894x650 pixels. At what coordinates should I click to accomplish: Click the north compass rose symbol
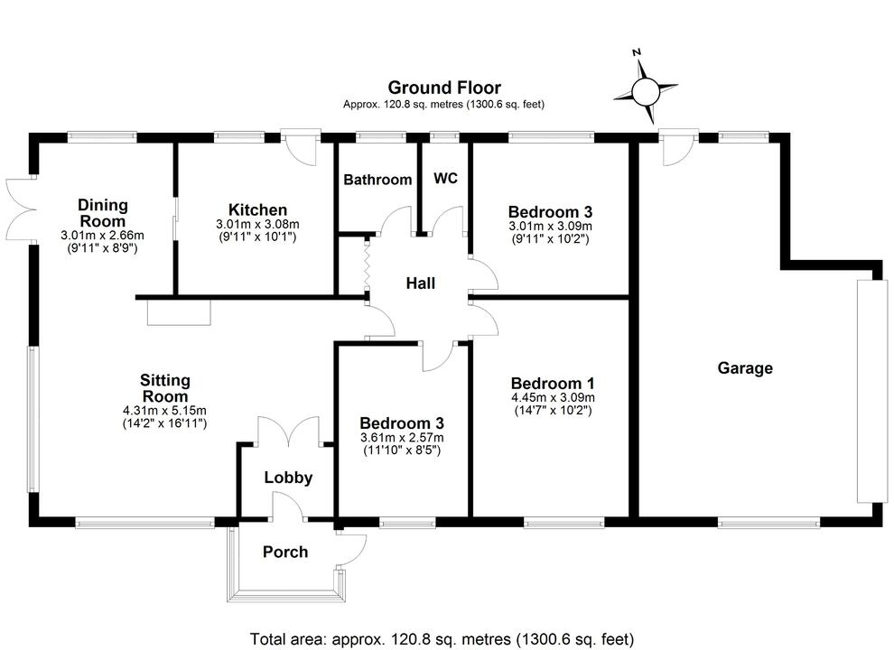pyautogui.click(x=646, y=90)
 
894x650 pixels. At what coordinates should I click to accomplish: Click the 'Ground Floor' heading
pyautogui.click(x=444, y=88)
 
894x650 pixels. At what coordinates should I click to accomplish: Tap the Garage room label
pyautogui.click(x=745, y=368)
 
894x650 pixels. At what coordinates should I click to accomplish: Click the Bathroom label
pyautogui.click(x=377, y=180)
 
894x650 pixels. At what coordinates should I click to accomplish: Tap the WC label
pyautogui.click(x=446, y=178)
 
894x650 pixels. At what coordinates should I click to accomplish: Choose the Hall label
pyautogui.click(x=420, y=283)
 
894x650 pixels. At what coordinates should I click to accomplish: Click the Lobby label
pyautogui.click(x=288, y=478)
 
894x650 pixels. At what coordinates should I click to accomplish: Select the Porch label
pyautogui.click(x=285, y=552)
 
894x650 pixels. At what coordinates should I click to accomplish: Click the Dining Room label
pyautogui.click(x=103, y=213)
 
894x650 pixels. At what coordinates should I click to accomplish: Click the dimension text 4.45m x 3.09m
pyautogui.click(x=552, y=396)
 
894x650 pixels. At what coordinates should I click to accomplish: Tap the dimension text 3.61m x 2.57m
pyautogui.click(x=401, y=438)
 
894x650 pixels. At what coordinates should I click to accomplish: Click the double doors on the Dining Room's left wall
pyautogui.click(x=20, y=209)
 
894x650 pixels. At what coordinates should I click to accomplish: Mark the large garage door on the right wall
pyautogui.click(x=866, y=390)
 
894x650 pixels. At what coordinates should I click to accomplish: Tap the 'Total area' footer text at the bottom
pyautogui.click(x=442, y=638)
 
